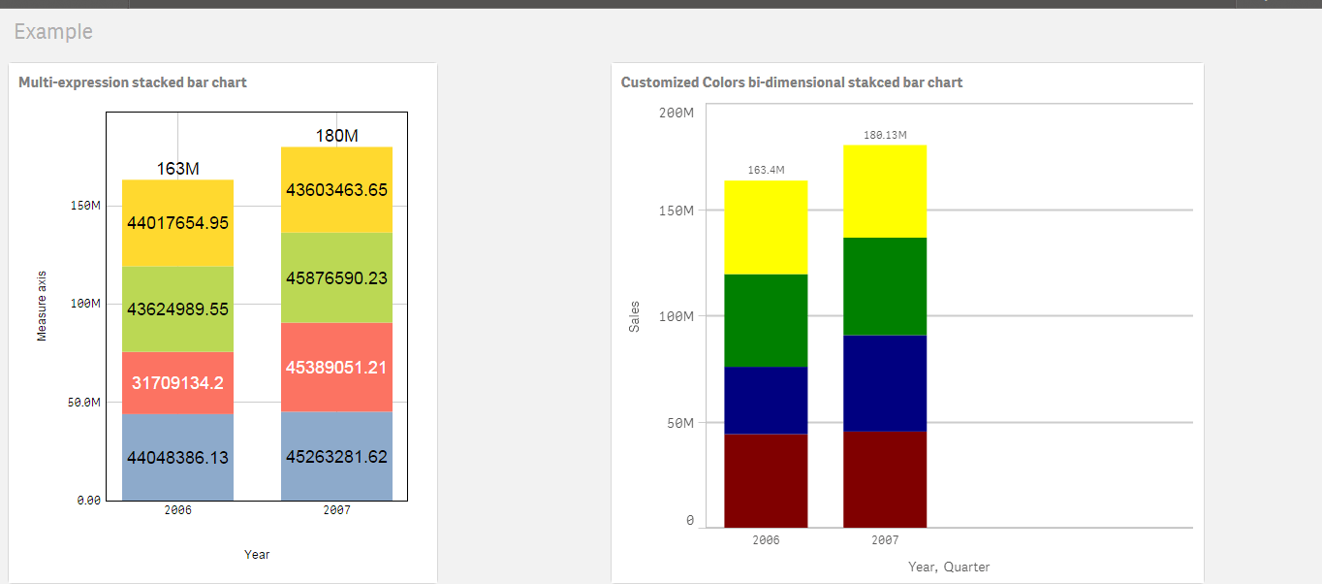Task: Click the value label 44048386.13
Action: click(178, 457)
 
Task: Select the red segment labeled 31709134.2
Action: click(178, 383)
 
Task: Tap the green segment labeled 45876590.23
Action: click(336, 278)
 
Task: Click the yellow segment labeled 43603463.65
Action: click(336, 190)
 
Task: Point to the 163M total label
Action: click(178, 169)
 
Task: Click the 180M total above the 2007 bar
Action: click(336, 136)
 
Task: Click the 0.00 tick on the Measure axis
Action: click(88, 501)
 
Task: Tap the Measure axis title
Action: click(42, 306)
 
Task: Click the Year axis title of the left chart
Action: click(257, 555)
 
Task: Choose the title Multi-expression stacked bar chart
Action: click(133, 82)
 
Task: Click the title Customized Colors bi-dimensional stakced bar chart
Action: click(791, 82)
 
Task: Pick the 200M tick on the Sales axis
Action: click(676, 113)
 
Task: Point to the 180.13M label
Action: click(885, 135)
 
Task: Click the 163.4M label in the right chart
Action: click(766, 170)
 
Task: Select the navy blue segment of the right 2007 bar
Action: click(885, 383)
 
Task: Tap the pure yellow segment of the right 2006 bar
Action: click(766, 227)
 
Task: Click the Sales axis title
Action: click(635, 316)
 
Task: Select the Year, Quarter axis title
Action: click(948, 567)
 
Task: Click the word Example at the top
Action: click(53, 31)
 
